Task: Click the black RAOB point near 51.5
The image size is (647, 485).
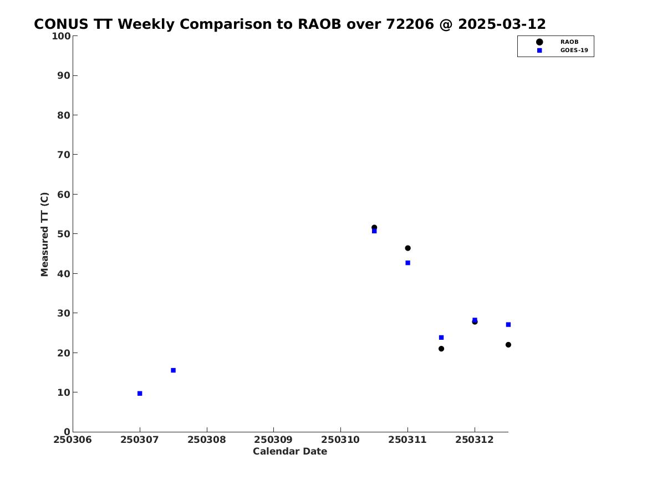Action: pyautogui.click(x=374, y=228)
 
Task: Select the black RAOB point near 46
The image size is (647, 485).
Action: pyautogui.click(x=407, y=248)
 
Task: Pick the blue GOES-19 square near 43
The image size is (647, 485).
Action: pyautogui.click(x=407, y=263)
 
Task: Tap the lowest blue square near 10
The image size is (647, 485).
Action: pyautogui.click(x=140, y=394)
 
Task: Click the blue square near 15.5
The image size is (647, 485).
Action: pyautogui.click(x=174, y=370)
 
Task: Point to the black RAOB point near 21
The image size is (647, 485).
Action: pyautogui.click(x=441, y=349)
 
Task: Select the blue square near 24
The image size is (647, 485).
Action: pyautogui.click(x=441, y=338)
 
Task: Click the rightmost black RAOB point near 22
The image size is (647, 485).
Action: pyautogui.click(x=508, y=345)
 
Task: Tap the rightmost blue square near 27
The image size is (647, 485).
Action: pyautogui.click(x=508, y=325)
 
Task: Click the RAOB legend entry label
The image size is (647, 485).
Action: pyautogui.click(x=569, y=42)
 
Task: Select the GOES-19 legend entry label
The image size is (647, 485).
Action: pyautogui.click(x=574, y=50)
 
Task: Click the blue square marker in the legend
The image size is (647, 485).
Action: pyautogui.click(x=539, y=50)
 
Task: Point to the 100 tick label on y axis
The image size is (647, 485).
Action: pyautogui.click(x=61, y=36)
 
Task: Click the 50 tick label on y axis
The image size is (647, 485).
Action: pyautogui.click(x=64, y=234)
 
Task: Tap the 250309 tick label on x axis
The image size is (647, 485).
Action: pyautogui.click(x=273, y=440)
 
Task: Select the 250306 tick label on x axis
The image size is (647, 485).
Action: pyautogui.click(x=73, y=440)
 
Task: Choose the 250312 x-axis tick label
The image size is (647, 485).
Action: pyautogui.click(x=475, y=440)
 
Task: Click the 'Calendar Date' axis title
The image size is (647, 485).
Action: pyautogui.click(x=290, y=452)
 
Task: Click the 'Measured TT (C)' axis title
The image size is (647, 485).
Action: pyautogui.click(x=44, y=234)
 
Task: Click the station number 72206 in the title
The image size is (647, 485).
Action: pyautogui.click(x=410, y=24)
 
